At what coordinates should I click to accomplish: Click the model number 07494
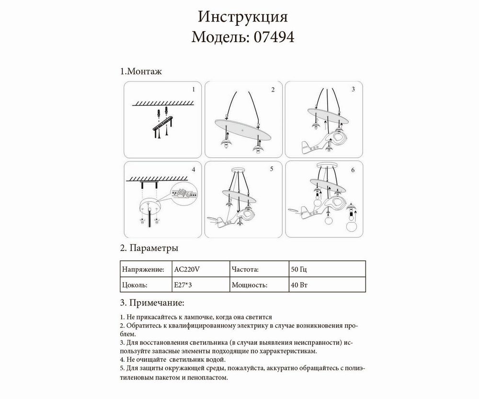tap(271, 37)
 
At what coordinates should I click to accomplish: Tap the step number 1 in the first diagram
tap(193, 90)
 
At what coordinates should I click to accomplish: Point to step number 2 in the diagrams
tap(273, 90)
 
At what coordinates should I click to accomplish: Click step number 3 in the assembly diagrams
tap(353, 89)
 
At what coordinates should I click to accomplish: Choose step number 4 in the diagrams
tap(193, 170)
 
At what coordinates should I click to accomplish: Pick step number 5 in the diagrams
tap(271, 169)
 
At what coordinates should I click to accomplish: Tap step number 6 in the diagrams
tap(353, 170)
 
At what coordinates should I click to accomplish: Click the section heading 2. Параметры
tap(148, 248)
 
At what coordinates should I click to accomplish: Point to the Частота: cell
tap(245, 269)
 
